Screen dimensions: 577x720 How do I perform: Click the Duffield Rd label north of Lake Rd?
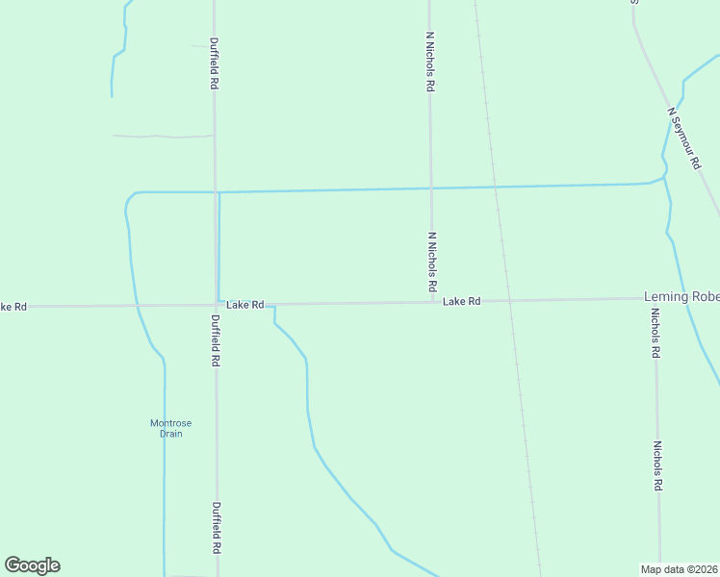click(x=214, y=63)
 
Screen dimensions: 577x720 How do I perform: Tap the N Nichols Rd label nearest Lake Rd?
click(x=432, y=262)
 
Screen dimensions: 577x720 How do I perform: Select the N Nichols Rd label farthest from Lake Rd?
click(x=430, y=61)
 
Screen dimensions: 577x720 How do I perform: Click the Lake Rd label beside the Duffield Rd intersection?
click(x=244, y=305)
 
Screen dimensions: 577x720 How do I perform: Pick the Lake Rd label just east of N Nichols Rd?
click(x=461, y=302)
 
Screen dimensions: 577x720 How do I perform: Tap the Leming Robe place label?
click(x=681, y=297)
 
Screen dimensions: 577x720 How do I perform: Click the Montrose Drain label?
click(x=166, y=428)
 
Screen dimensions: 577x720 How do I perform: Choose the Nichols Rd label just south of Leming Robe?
click(x=655, y=334)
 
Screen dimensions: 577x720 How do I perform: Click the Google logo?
click(x=32, y=565)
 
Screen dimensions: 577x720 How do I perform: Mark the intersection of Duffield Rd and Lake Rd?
click(x=215, y=305)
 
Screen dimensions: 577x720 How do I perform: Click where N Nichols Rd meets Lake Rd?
click(x=431, y=302)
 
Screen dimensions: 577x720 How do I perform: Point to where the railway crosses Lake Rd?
click(x=506, y=301)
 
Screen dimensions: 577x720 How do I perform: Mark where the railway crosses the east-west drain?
click(x=494, y=186)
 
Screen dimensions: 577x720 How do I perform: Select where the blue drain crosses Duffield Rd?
click(x=215, y=192)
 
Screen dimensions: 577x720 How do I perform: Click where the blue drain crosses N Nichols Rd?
click(x=430, y=188)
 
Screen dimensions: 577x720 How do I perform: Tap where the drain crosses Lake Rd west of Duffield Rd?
click(x=137, y=306)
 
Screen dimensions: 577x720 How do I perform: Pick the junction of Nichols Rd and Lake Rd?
click(x=655, y=299)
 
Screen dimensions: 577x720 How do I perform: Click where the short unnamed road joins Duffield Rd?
click(x=214, y=136)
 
